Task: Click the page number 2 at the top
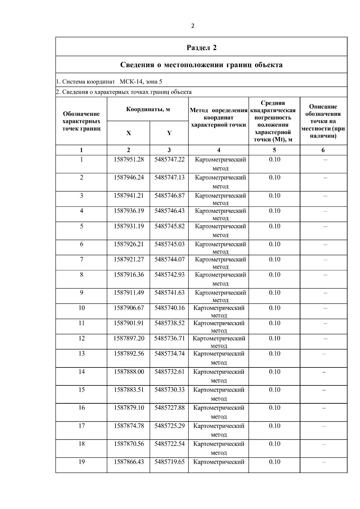(x=193, y=26)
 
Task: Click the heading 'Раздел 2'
(x=201, y=48)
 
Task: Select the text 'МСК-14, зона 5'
(x=141, y=82)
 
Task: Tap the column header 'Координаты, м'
(x=148, y=109)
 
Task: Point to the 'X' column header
(x=128, y=133)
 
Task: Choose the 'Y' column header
(x=169, y=133)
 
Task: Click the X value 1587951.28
(x=128, y=160)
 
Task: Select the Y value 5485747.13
(x=169, y=178)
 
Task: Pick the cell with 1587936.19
(x=128, y=211)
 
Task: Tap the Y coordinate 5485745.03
(x=169, y=244)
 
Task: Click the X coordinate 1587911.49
(x=128, y=292)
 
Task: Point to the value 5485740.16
(x=169, y=308)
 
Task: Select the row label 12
(x=81, y=338)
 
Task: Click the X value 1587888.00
(x=128, y=372)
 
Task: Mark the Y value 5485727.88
(x=169, y=408)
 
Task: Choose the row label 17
(x=81, y=426)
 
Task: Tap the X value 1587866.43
(x=128, y=462)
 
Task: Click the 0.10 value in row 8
(x=274, y=275)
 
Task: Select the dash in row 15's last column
(x=324, y=390)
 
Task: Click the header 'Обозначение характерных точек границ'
(x=81, y=121)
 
